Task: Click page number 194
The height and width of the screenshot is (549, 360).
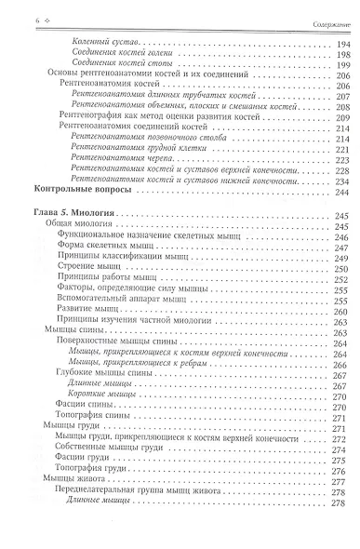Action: [342, 45]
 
